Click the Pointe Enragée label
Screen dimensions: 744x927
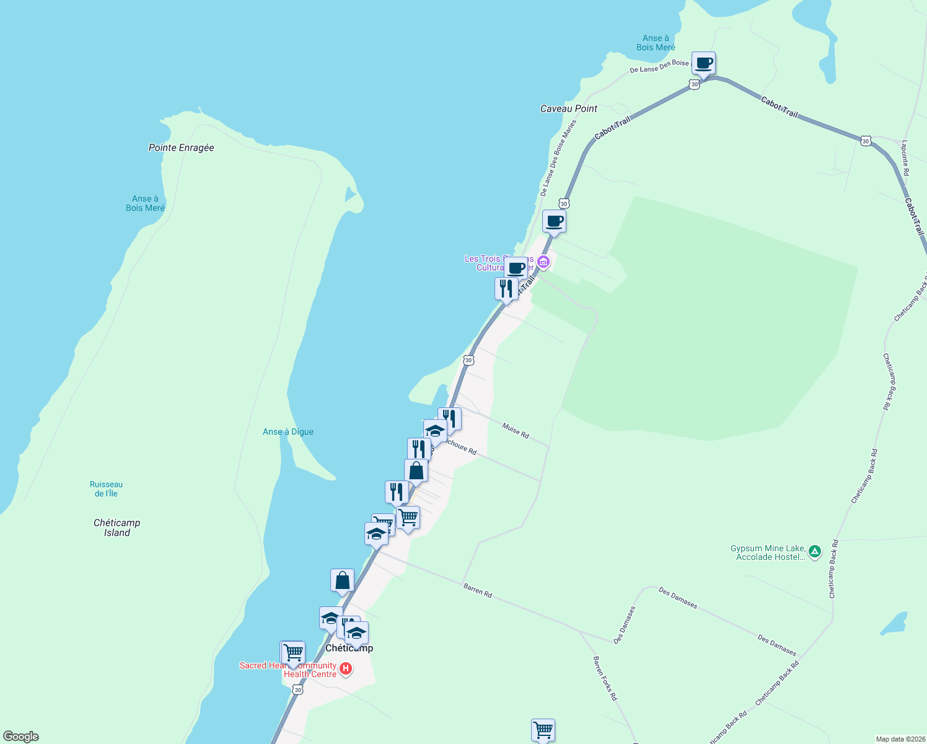[x=181, y=148]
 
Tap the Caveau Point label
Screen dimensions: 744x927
[x=568, y=108]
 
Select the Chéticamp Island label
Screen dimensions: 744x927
[x=116, y=528]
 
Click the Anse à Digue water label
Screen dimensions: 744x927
[x=288, y=432]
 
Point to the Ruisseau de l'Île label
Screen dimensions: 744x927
[x=106, y=489]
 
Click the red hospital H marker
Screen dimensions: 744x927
[x=346, y=669]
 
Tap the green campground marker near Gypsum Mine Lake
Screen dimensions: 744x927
[x=815, y=551]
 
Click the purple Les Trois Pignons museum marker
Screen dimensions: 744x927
[x=543, y=262]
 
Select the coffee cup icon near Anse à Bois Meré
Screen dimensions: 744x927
[x=703, y=63]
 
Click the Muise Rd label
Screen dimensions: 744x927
[x=516, y=431]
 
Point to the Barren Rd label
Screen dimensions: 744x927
[x=478, y=590]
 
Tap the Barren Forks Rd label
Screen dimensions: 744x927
[x=605, y=678]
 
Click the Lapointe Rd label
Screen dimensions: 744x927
[x=905, y=157]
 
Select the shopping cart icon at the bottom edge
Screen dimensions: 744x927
[x=543, y=730]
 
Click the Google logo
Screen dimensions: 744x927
[x=20, y=737]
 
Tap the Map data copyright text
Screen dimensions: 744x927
[x=900, y=739]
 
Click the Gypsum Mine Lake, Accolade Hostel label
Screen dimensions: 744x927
[x=768, y=552]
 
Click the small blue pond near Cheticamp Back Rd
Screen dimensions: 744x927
[x=894, y=623]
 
